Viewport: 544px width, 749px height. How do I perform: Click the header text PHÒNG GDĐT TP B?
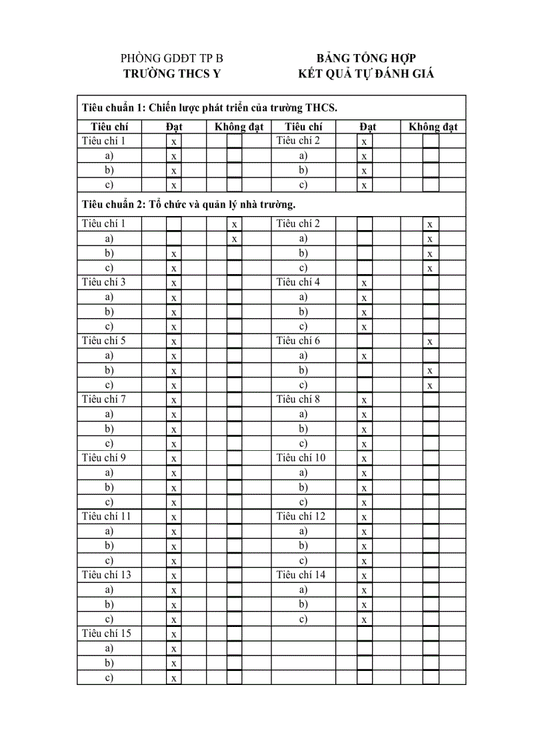pos(172,59)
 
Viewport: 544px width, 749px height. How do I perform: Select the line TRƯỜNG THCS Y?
pos(172,74)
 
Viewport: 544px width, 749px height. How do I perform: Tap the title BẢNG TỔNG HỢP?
pos(366,59)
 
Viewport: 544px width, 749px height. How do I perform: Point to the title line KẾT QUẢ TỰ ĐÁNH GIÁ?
pos(366,74)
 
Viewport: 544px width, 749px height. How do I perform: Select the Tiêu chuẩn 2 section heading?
pos(189,203)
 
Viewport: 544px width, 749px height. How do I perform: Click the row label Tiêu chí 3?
pos(103,282)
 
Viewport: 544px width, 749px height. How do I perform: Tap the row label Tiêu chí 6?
pos(298,341)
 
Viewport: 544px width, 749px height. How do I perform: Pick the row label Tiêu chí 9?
pos(103,458)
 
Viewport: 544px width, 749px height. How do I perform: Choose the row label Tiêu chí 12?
pos(301,516)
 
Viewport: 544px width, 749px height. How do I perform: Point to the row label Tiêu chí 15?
pos(106,633)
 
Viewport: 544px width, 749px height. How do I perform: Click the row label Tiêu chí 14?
pos(301,575)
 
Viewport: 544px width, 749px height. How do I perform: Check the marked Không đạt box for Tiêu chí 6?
pos(431,341)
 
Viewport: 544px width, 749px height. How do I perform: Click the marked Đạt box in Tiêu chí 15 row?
pos(173,634)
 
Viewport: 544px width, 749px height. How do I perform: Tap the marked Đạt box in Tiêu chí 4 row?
pos(365,282)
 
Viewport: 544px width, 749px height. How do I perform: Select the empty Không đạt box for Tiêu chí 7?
pos(235,400)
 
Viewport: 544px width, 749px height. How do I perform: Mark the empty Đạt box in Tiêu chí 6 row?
pos(365,341)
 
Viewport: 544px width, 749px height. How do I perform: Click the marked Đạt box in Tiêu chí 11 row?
pos(173,516)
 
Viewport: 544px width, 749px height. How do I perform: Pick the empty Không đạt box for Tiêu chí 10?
pos(431,458)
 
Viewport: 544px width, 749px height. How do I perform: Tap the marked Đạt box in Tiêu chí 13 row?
pos(173,575)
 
